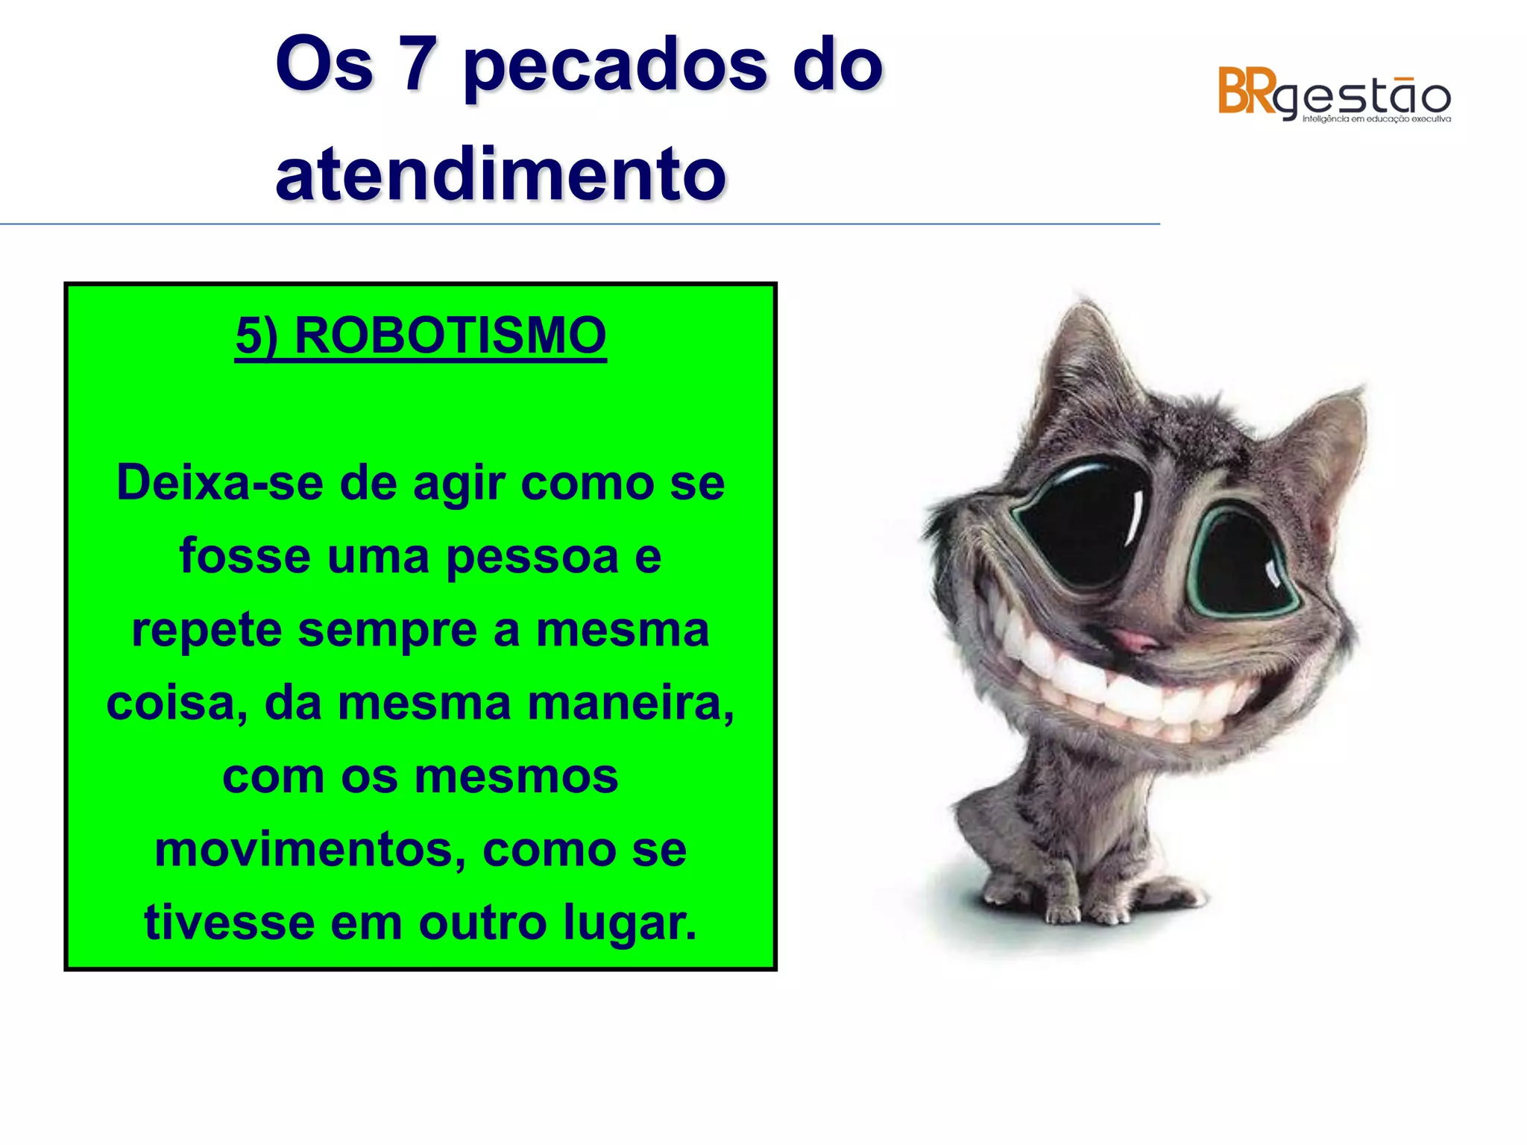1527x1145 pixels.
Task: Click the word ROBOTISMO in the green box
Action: pyautogui.click(x=450, y=335)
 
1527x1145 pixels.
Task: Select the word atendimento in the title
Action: pyautogui.click(x=500, y=174)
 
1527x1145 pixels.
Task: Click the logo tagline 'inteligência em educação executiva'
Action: pyautogui.click(x=1376, y=119)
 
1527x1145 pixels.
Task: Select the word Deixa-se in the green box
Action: pyautogui.click(x=221, y=483)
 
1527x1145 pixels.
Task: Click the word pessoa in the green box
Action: pyautogui.click(x=532, y=556)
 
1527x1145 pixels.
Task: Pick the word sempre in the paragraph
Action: pyautogui.click(x=387, y=630)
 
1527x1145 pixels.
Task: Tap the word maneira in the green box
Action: pyautogui.click(x=630, y=703)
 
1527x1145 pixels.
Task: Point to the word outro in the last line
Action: pyautogui.click(x=483, y=923)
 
